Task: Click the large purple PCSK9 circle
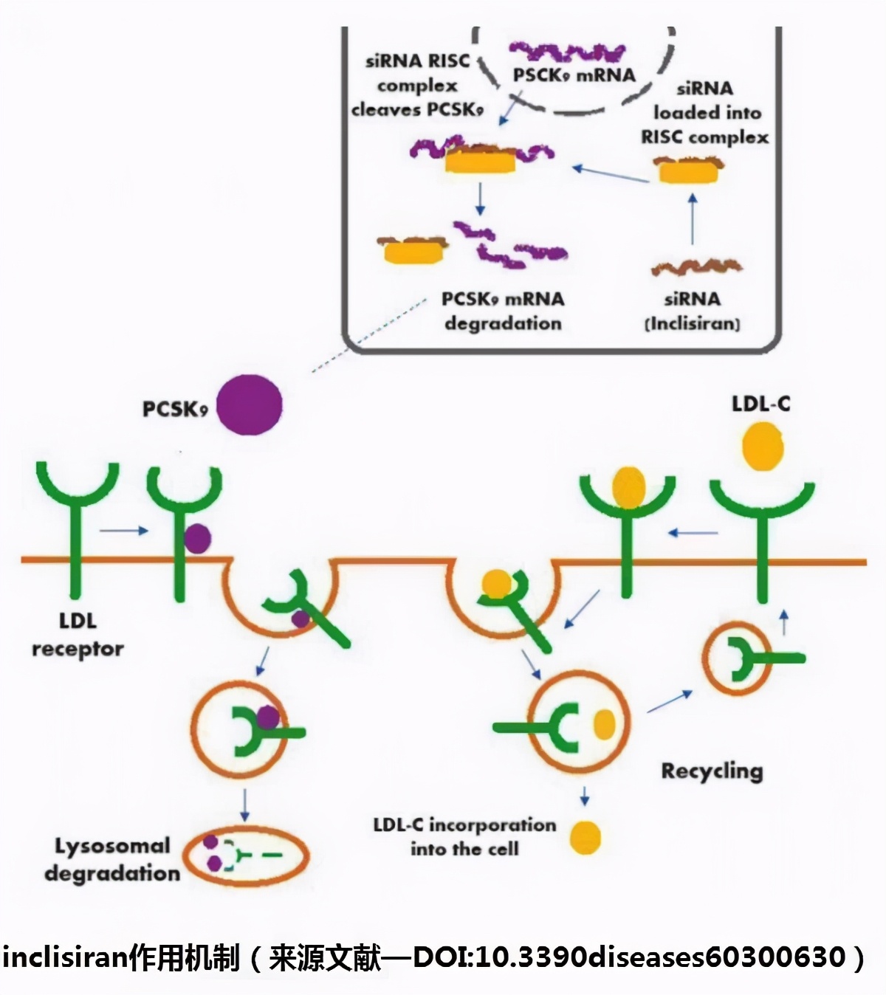click(253, 404)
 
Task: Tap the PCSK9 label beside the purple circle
click(175, 409)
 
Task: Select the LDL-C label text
click(760, 404)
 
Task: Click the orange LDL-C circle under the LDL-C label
click(763, 447)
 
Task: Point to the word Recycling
click(712, 771)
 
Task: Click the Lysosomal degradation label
click(112, 860)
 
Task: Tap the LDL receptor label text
click(78, 635)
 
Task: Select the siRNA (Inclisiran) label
click(693, 311)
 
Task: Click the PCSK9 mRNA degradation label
click(503, 311)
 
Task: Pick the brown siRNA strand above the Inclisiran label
click(696, 266)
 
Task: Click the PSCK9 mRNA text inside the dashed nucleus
click(574, 75)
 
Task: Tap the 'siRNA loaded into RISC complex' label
click(705, 113)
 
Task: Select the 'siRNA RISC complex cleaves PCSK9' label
click(418, 86)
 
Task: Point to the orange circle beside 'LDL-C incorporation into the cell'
click(585, 838)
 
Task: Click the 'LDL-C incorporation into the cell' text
click(464, 836)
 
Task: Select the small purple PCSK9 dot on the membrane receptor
click(197, 539)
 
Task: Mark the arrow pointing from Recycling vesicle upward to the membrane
click(784, 624)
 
